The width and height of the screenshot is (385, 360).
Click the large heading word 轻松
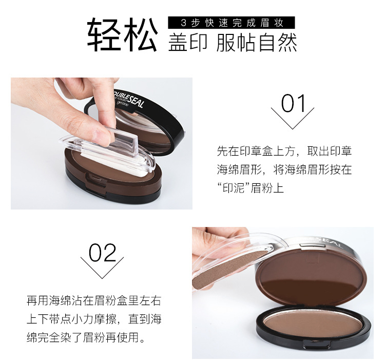click(x=122, y=34)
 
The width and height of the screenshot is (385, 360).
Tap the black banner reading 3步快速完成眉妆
click(x=232, y=23)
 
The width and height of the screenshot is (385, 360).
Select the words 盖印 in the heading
click(x=188, y=43)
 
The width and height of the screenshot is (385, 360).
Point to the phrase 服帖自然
click(x=257, y=43)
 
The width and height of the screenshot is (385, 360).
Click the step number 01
click(x=293, y=104)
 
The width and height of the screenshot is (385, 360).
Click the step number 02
click(x=102, y=253)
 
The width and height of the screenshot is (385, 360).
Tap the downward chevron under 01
click(x=293, y=119)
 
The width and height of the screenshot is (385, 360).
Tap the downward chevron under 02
click(x=102, y=268)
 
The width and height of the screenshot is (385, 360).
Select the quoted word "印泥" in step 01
click(x=232, y=188)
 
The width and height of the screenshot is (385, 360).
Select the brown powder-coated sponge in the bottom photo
click(x=228, y=270)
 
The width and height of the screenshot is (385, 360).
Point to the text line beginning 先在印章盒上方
click(x=284, y=151)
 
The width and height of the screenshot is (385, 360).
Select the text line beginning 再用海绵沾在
click(x=94, y=300)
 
